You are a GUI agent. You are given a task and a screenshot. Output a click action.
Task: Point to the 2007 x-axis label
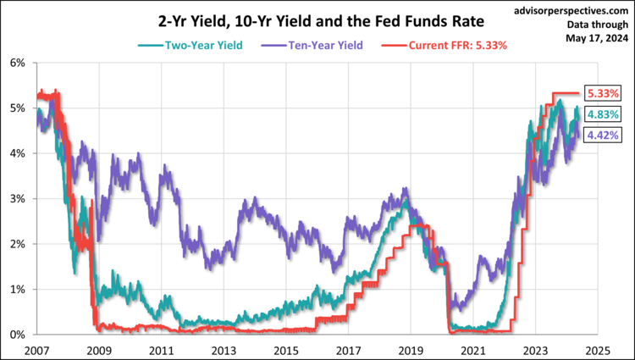tap(36, 349)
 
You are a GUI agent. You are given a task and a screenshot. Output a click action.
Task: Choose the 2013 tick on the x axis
tap(223, 349)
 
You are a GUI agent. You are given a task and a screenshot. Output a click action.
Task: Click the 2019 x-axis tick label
tap(410, 349)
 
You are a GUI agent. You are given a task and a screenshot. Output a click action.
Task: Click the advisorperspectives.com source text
tap(572, 12)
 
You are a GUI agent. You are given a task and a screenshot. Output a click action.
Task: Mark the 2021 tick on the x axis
tap(472, 349)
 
